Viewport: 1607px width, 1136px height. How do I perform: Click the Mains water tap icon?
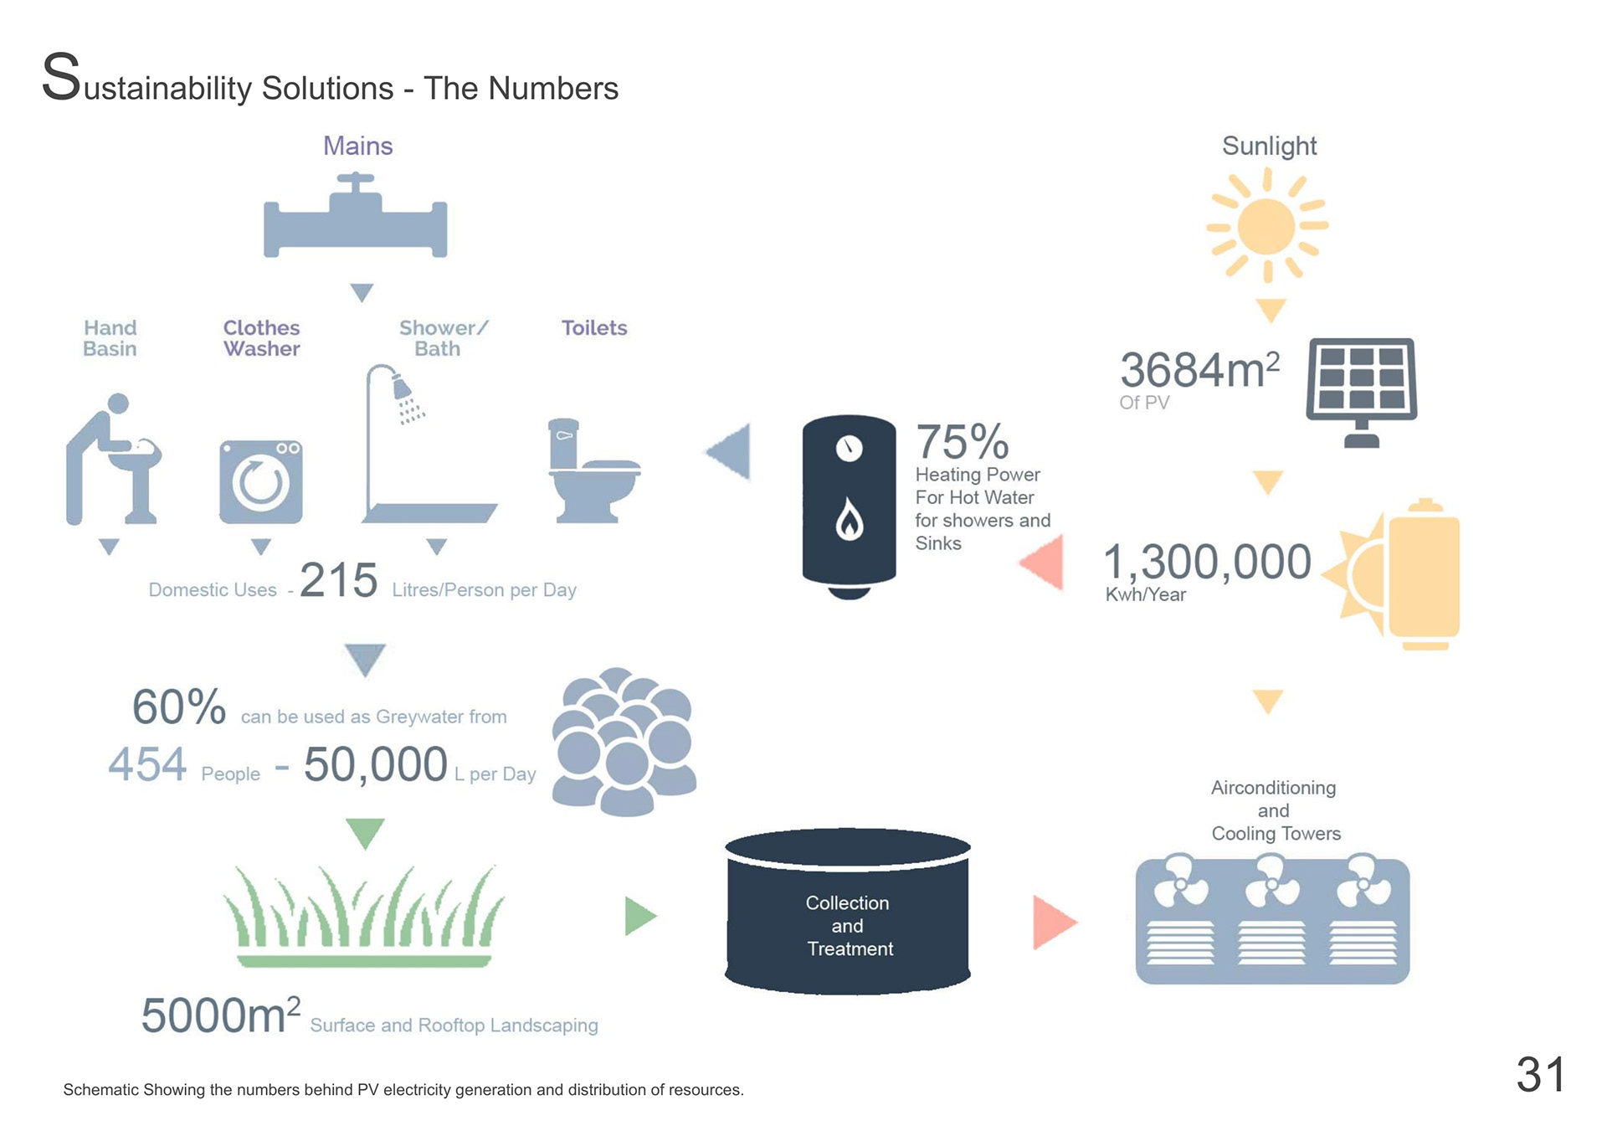tap(356, 219)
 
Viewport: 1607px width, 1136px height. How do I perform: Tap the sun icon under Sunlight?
tap(1266, 225)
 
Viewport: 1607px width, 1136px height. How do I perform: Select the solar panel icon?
tap(1362, 389)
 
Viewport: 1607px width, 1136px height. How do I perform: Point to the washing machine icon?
tap(261, 481)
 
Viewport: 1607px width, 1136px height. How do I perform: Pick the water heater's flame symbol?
tap(850, 521)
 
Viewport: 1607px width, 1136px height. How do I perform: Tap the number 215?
tap(338, 579)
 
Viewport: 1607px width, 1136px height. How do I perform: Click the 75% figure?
tap(962, 441)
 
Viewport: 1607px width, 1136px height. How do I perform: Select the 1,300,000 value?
tap(1207, 562)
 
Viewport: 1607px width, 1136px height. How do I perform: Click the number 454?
tap(147, 764)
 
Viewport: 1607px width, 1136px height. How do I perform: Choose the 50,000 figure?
tap(375, 764)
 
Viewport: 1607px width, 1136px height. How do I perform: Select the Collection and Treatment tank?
tap(848, 912)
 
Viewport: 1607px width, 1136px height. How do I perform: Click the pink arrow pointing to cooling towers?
tap(1054, 923)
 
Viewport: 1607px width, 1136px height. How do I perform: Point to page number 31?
tap(1540, 1074)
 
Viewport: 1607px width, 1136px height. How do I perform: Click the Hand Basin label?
tap(110, 338)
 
